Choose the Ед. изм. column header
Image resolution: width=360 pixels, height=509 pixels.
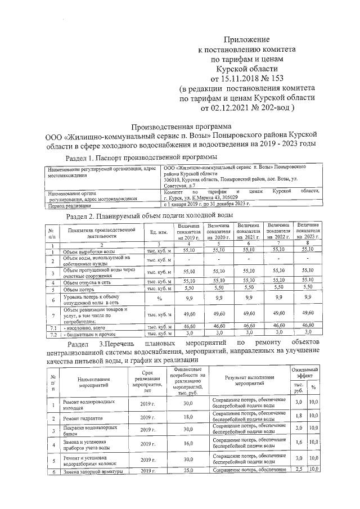pyautogui.click(x=155, y=232)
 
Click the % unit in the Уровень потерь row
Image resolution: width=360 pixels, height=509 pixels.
pyautogui.click(x=159, y=298)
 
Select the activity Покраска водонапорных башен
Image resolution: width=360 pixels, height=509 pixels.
pyautogui.click(x=89, y=431)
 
